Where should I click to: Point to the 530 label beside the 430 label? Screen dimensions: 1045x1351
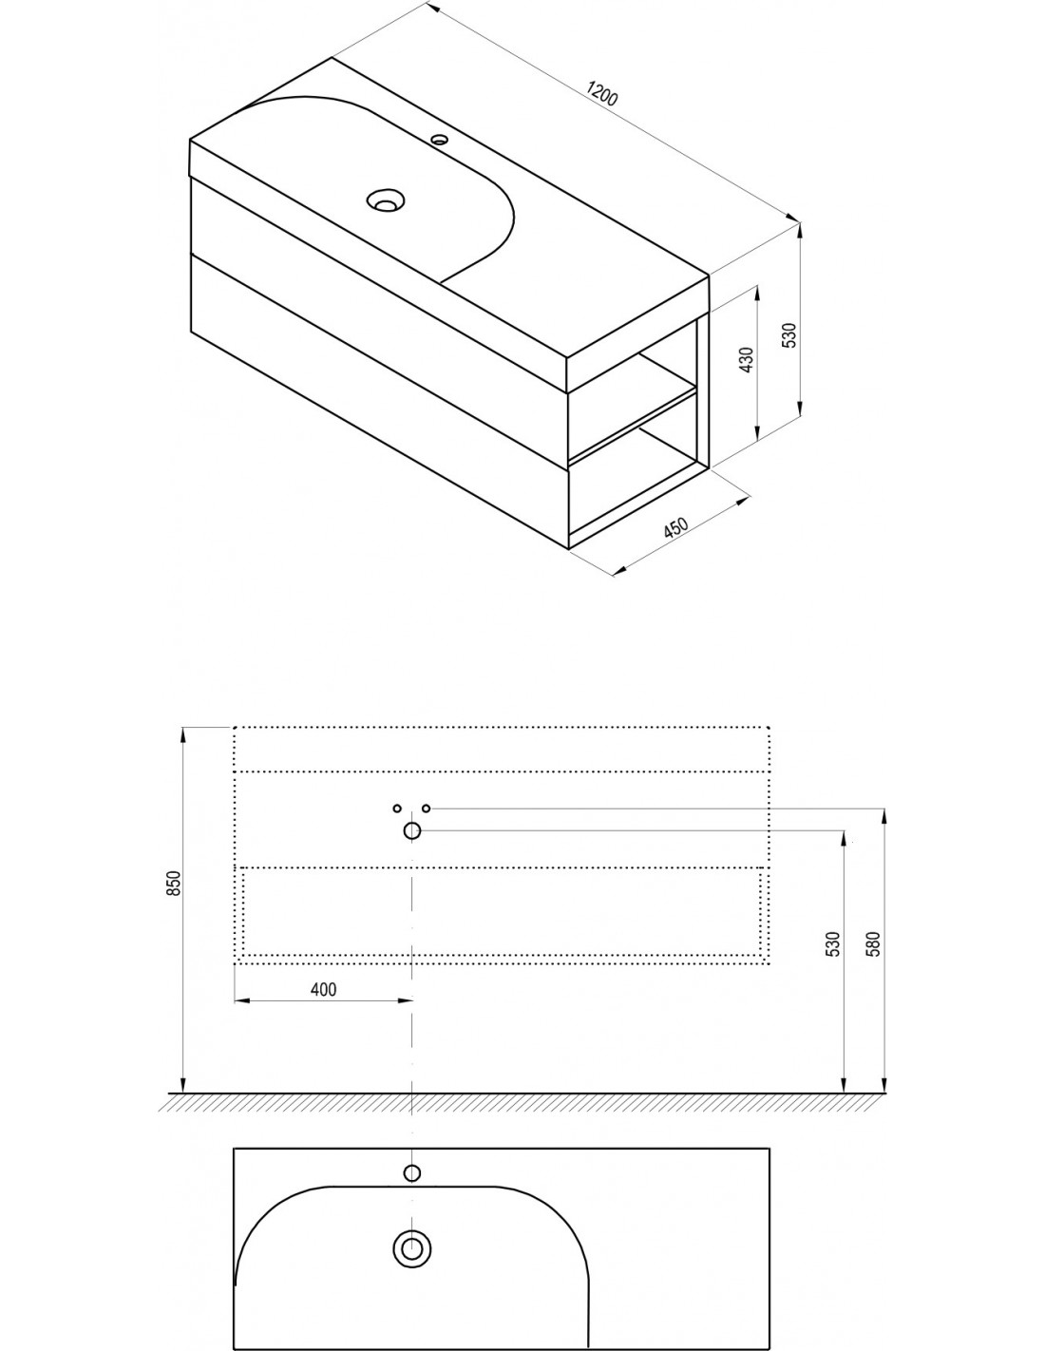pos(788,335)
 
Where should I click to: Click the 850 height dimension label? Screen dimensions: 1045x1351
pos(175,883)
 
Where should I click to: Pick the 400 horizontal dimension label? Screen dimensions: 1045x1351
pos(323,988)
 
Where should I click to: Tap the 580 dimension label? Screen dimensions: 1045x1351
pos(873,943)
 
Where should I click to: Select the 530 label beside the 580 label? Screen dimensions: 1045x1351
pos(833,943)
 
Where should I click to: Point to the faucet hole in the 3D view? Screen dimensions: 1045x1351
pos(440,140)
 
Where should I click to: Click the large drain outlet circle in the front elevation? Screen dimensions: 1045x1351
pos(412,830)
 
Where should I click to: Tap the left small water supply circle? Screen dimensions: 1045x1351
pos(397,809)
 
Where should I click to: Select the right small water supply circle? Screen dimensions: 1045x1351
pos(427,809)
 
